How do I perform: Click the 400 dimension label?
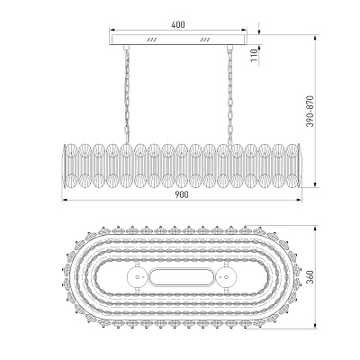pos(178,24)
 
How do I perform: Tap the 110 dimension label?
pos(254,55)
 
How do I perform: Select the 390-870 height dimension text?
pos(310,112)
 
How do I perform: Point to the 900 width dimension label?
pos(182,194)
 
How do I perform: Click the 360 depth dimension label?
pos(310,277)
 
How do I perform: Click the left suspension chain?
pos(127,94)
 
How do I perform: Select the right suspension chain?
pos(230,95)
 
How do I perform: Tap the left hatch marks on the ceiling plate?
pos(152,40)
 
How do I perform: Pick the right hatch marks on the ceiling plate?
pos(205,40)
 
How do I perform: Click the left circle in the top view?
pos(138,277)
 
